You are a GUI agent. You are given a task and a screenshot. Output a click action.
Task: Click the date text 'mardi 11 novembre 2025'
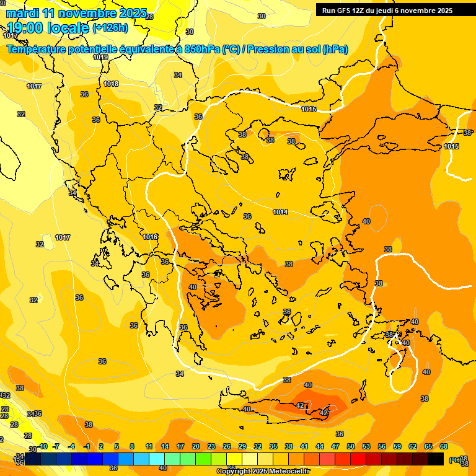pos(77,13)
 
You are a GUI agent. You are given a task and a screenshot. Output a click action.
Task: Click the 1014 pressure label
pos(280,212)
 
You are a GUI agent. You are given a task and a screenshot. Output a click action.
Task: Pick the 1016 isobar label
pos(150,237)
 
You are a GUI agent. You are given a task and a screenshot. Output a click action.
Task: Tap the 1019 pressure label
pos(100,57)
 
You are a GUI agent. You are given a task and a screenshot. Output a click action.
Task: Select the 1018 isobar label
pos(111,84)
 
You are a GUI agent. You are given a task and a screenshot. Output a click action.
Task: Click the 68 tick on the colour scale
pos(444,446)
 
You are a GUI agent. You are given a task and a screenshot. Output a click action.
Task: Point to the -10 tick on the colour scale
pos(42,446)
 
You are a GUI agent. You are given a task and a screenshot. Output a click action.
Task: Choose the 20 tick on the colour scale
pos(196,446)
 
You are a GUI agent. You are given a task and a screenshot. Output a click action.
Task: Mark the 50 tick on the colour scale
pos(351,446)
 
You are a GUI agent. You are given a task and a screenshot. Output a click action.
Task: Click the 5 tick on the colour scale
pos(117,446)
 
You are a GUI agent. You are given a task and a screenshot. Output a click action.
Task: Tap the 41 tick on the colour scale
pos(304,446)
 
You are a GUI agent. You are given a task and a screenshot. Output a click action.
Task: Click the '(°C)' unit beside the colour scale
pos(454,459)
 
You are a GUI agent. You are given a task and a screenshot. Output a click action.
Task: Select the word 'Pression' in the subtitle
pos(268,49)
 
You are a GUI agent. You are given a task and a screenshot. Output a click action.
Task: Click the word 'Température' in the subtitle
pos(37,49)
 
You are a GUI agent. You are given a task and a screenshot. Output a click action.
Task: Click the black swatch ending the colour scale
pos(436,459)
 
